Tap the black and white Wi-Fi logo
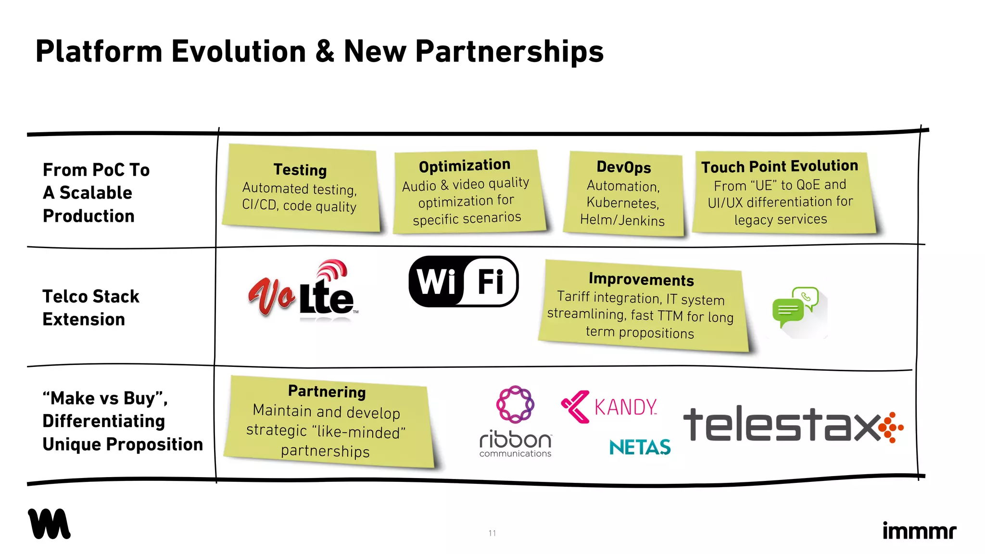tap(464, 281)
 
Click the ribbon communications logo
tap(516, 421)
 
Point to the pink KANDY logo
tap(609, 407)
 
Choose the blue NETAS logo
tap(640, 447)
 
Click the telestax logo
tap(794, 424)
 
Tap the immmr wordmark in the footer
tap(920, 530)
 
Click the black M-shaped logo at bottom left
tap(49, 524)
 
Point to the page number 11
tap(492, 533)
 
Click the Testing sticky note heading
tap(300, 170)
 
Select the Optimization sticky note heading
tap(465, 165)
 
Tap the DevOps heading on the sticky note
tap(624, 167)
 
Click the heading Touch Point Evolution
tap(780, 166)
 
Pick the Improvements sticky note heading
tap(642, 279)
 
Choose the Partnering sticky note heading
tap(327, 391)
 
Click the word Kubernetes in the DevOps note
tap(623, 203)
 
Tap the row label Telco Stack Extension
tap(91, 308)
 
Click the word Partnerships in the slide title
tap(509, 52)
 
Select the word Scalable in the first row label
tap(96, 193)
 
